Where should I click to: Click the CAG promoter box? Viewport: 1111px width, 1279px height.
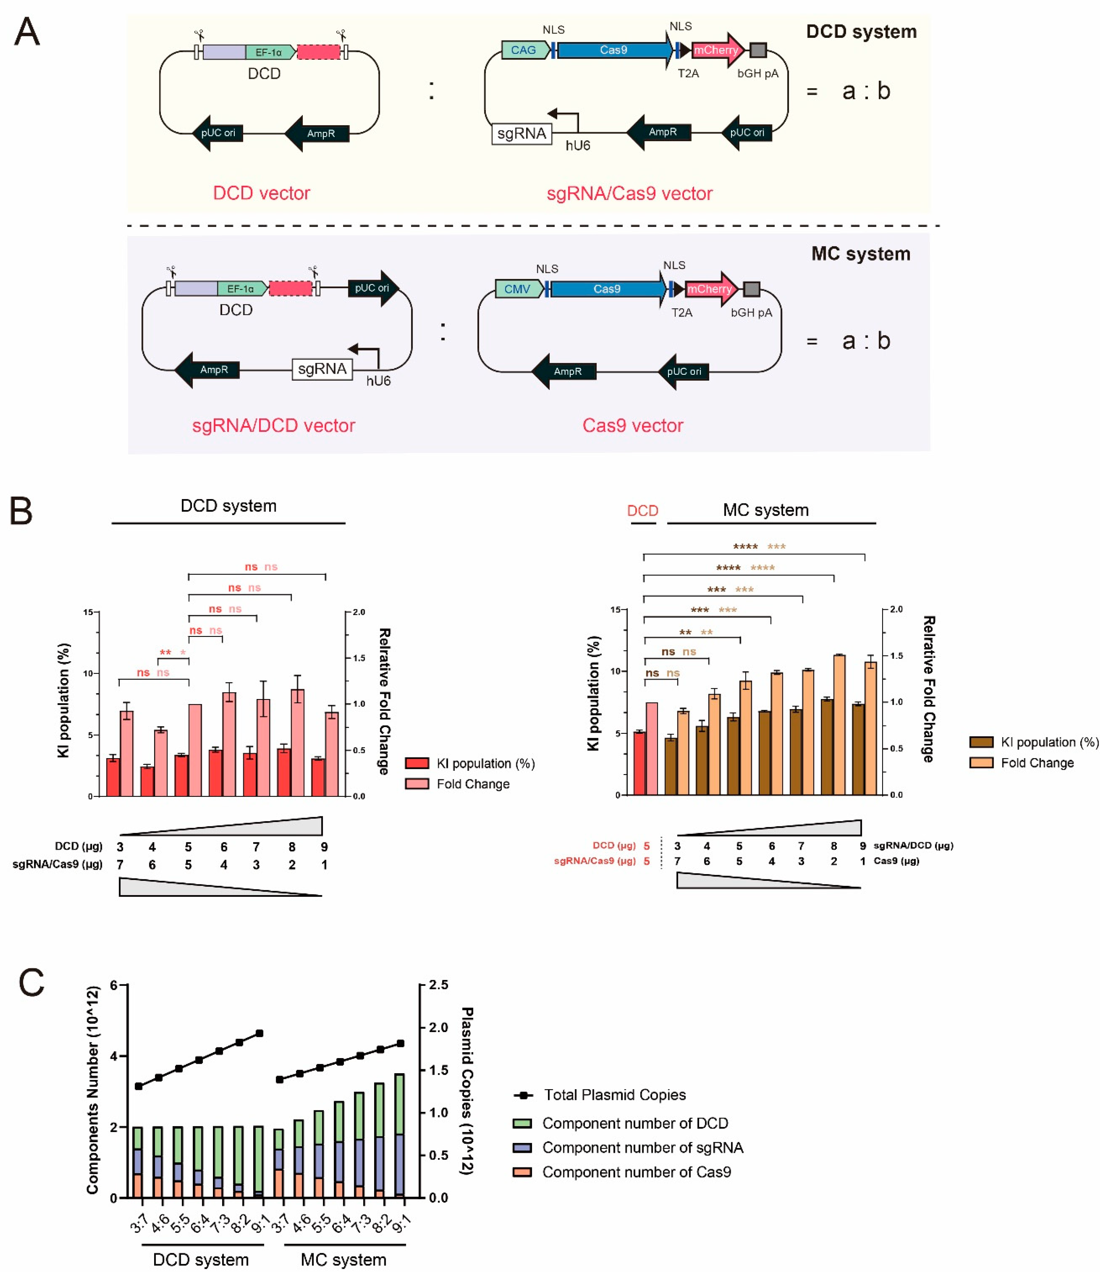pos(524,50)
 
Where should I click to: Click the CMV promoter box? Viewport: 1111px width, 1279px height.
pos(518,289)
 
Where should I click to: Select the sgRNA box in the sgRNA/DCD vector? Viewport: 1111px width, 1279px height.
pos(322,370)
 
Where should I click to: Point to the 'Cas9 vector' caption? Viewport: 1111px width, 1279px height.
pos(632,426)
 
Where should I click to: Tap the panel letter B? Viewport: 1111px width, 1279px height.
pos(21,511)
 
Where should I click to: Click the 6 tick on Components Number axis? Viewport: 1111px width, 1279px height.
pos(114,985)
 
